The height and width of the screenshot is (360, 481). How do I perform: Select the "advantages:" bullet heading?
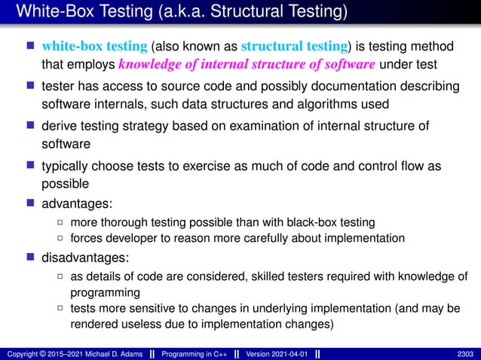point(74,204)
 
